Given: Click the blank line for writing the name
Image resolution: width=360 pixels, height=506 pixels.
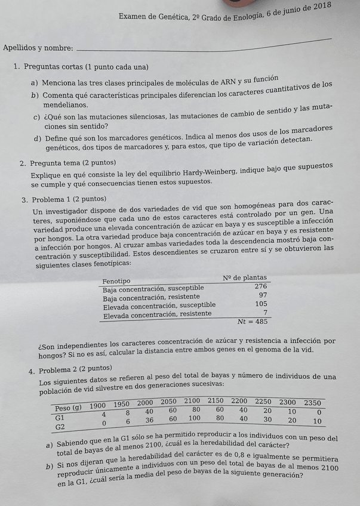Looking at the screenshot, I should point(203,45).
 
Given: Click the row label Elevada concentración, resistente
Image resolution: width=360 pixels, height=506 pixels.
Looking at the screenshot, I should point(157,313).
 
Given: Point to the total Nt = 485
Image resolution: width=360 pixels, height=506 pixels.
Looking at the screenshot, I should point(252,322).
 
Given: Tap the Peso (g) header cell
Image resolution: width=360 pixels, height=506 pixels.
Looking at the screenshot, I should point(67,408).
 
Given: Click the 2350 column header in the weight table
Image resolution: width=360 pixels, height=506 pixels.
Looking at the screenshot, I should point(312,403).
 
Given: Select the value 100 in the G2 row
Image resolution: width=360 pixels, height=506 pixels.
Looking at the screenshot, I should point(194,419).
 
